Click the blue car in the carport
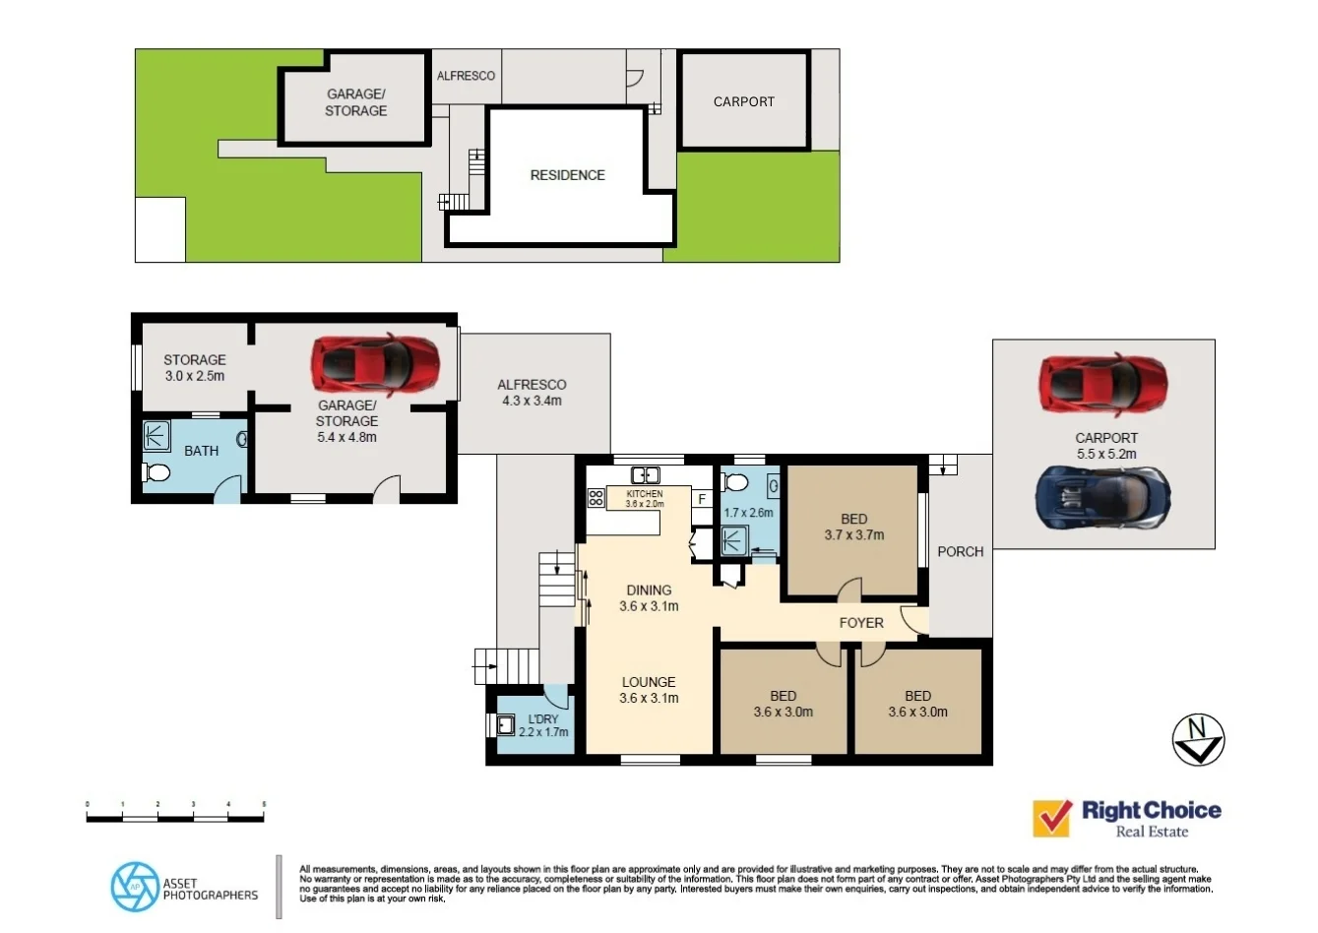[1103, 496]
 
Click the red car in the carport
[1103, 384]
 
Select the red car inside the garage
[375, 364]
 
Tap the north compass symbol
[1198, 738]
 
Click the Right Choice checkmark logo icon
[1052, 818]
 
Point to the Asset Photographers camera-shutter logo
[134, 886]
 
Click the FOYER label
[861, 623]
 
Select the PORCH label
[960, 551]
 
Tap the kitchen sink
[645, 475]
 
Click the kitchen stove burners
[596, 498]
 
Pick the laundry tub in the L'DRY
[506, 725]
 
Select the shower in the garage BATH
[157, 436]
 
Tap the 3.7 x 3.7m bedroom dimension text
[853, 535]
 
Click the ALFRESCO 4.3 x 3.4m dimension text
[532, 401]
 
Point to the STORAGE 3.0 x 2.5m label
[194, 367]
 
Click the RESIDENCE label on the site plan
[567, 175]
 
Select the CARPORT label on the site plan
[743, 101]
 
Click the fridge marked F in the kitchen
[702, 499]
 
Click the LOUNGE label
[648, 682]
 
